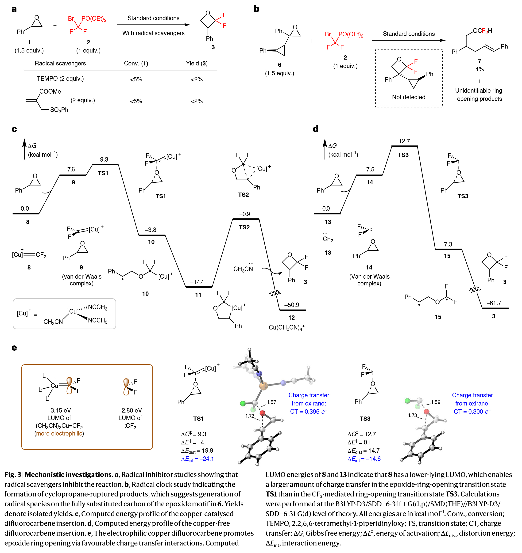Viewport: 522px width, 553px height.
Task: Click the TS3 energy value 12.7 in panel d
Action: coord(404,141)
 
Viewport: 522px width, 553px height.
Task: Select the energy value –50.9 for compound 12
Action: coord(291,305)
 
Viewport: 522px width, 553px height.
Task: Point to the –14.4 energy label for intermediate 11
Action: coord(197,282)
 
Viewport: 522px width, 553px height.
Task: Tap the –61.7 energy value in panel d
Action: coord(494,303)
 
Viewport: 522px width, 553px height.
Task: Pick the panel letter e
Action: coord(14,348)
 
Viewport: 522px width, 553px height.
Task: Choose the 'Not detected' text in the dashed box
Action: coord(408,97)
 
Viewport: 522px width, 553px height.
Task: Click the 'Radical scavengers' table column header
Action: coord(60,63)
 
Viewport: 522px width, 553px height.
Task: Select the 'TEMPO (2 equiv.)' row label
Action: coord(60,79)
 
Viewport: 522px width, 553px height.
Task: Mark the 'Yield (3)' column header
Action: coord(197,63)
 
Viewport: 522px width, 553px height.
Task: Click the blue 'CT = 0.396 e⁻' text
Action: coord(308,412)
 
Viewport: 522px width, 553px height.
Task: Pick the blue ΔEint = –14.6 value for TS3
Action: coord(364,459)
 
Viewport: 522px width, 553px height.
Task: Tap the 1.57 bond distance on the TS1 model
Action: coord(271,402)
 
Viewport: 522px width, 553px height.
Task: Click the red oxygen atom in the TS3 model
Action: coord(426,412)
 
